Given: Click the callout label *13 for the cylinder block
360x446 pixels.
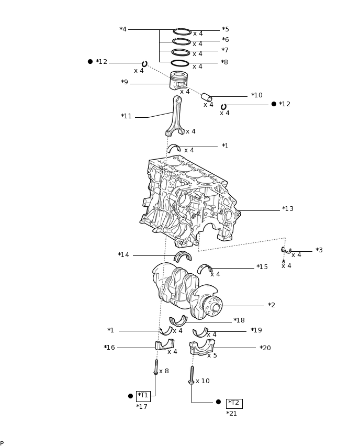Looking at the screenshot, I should coord(288,209).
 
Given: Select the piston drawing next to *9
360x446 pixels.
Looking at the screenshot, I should coord(178,81).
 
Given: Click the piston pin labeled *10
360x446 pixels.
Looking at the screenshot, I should coord(206,97).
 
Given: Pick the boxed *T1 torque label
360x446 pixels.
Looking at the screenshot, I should coord(143,396).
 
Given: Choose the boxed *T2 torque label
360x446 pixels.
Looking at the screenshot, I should coord(234,403).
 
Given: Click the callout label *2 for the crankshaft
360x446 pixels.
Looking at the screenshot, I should coord(272,305).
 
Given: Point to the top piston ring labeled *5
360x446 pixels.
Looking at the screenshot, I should coord(182,32).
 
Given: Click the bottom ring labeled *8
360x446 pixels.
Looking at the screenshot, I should coord(180,63).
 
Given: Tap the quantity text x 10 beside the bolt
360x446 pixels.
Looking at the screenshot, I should coord(203,381).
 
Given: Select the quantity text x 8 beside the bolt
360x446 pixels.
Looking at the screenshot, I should coord(164,371).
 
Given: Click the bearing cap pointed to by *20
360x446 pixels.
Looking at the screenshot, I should coord(202,347).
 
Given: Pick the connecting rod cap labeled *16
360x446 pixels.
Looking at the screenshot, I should coord(164,344).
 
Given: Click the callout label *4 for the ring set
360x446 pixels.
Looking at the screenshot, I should coord(123,29).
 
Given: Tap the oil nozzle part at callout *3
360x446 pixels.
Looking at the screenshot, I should coord(286,251).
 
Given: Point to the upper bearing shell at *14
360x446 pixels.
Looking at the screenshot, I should coord(183,256).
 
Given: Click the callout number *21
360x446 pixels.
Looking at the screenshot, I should coord(231,414).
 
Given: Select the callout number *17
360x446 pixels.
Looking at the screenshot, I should coord(142,407).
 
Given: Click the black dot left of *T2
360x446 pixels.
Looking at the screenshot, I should coord(218,402).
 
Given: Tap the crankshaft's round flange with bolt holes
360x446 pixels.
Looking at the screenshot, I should coord(213,306).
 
